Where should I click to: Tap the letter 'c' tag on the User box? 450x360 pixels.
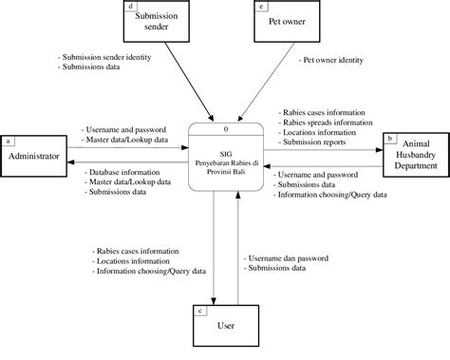[198, 310]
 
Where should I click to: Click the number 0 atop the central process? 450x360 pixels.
[225, 127]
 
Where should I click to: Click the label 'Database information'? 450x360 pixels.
[127, 171]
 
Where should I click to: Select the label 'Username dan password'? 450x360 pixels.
[287, 257]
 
